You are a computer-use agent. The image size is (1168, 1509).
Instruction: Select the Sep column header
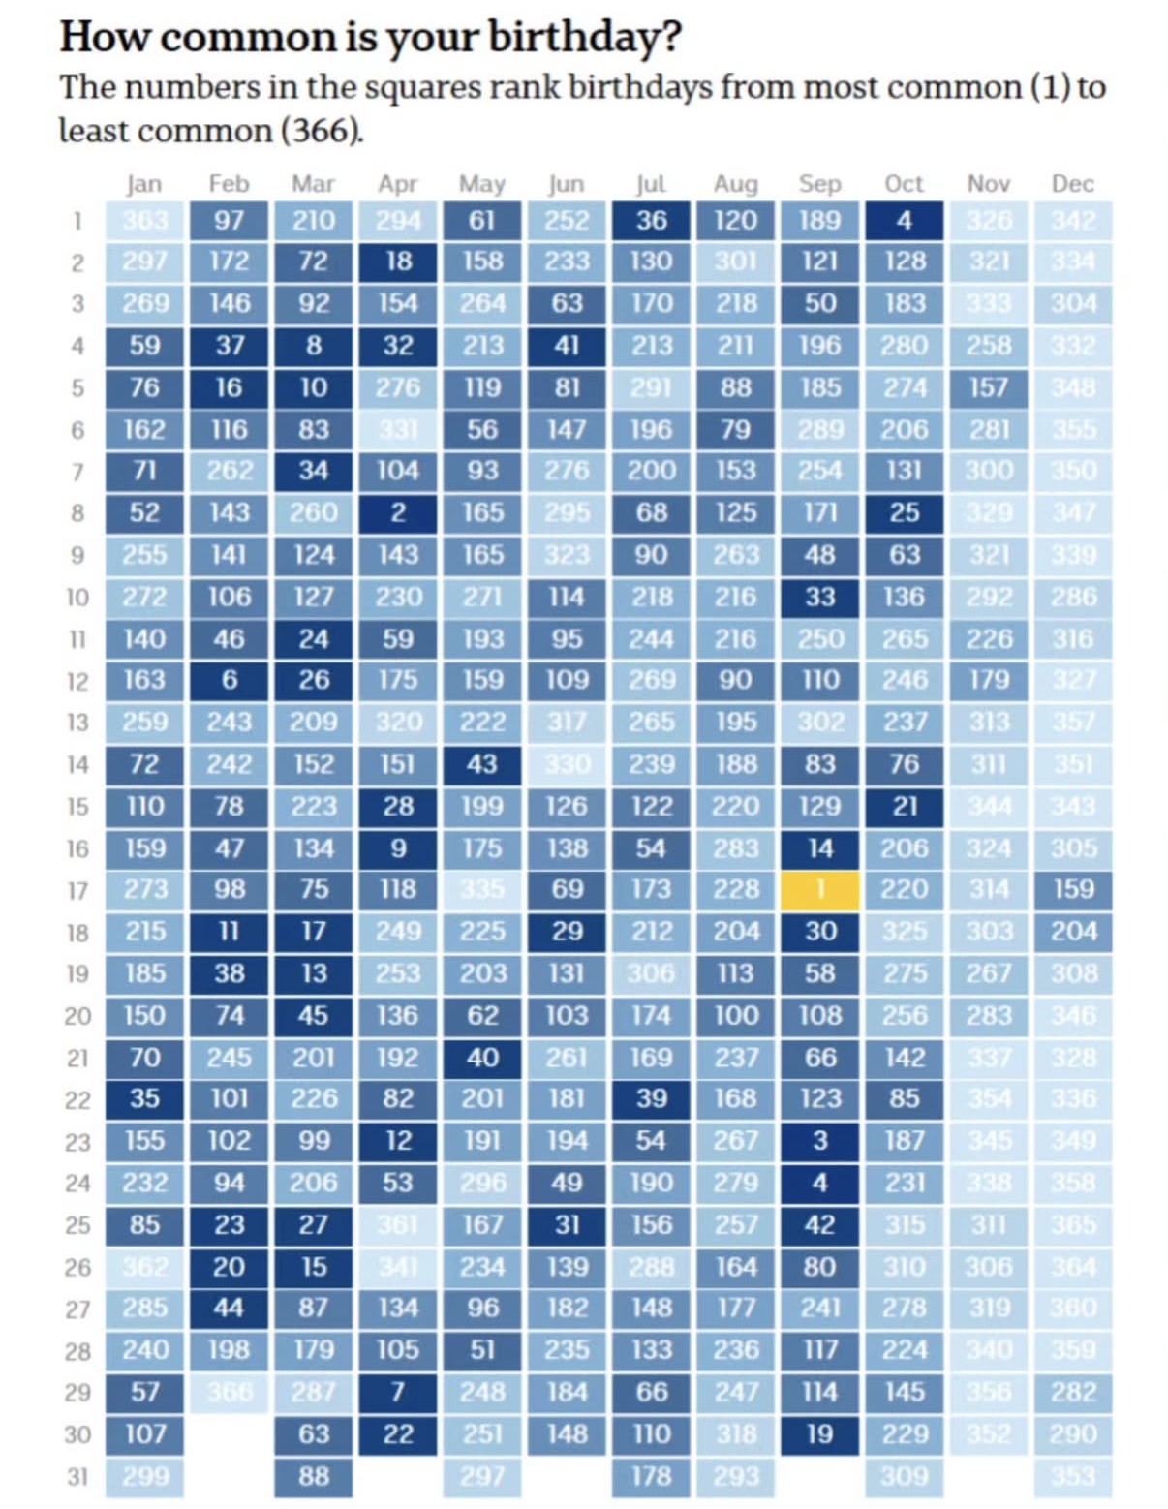[819, 183]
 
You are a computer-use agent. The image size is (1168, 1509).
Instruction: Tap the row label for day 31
[77, 1476]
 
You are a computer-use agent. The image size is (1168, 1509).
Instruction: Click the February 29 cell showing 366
[229, 1392]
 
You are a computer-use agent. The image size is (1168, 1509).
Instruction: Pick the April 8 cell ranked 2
[398, 512]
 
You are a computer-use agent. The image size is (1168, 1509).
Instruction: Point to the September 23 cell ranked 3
[819, 1140]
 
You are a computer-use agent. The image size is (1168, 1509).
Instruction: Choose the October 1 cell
[904, 220]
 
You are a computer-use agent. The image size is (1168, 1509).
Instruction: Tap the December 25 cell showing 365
[1073, 1224]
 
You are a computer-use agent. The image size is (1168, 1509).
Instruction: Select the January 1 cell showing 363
[144, 220]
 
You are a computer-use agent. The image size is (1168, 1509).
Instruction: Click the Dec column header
[1072, 183]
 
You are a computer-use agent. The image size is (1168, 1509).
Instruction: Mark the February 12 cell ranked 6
[229, 680]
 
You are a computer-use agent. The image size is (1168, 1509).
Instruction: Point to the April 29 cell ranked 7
[398, 1392]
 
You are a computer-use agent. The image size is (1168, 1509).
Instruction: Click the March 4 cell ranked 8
[314, 345]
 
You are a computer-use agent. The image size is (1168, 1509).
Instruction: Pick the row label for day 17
[77, 890]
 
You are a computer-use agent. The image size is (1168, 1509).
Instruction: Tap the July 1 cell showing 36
[651, 220]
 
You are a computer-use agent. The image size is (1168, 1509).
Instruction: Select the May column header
[481, 183]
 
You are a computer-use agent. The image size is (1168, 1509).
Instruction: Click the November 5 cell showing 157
[988, 387]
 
